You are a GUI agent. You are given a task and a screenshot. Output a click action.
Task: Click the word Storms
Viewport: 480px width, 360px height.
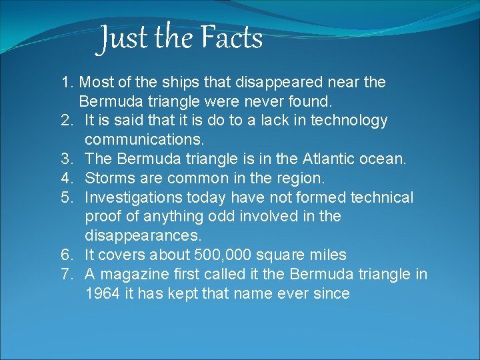[111, 179]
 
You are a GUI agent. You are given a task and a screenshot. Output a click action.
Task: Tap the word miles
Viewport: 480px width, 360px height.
[325, 255]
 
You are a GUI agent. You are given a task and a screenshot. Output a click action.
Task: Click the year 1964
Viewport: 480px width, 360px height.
[103, 293]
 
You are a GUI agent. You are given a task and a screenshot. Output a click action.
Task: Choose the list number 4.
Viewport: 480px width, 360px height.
[66, 179]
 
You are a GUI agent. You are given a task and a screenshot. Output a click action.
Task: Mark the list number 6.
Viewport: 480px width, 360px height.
[66, 255]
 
